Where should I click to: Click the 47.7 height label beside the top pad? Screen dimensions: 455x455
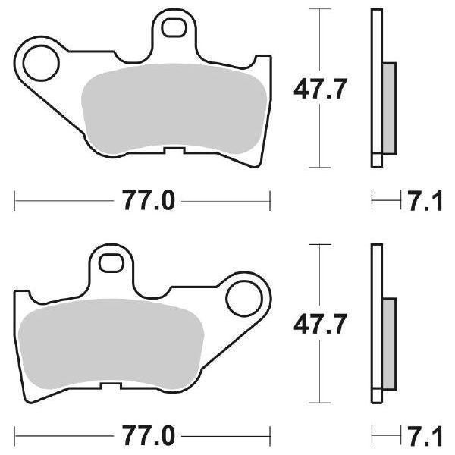tap(320, 91)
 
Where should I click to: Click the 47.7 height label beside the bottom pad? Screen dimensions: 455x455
tap(320, 326)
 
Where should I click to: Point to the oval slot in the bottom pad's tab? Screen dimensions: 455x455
tap(113, 262)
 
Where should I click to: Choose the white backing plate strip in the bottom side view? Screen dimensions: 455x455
tap(375, 322)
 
